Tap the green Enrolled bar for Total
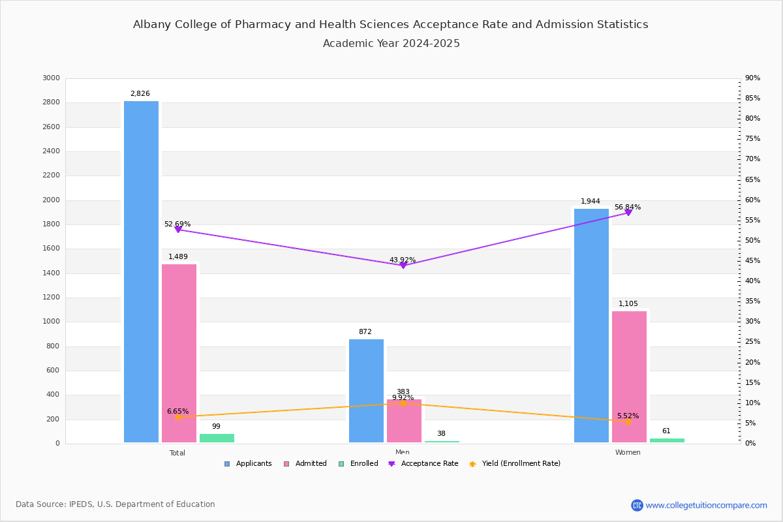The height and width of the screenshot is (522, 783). [217, 438]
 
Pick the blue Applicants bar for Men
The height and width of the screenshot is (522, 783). [366, 391]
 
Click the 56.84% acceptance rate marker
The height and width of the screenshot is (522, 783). [628, 213]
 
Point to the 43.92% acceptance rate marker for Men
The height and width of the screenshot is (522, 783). [403, 265]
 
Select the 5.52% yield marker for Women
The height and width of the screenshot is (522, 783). [628, 422]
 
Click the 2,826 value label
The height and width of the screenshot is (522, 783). [140, 94]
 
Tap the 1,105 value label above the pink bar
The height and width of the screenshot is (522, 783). [629, 304]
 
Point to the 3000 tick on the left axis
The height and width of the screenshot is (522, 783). [51, 78]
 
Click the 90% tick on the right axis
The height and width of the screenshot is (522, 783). [752, 78]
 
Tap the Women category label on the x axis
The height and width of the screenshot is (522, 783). [628, 453]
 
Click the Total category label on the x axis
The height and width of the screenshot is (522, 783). [177, 453]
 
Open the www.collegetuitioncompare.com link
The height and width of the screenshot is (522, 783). [706, 505]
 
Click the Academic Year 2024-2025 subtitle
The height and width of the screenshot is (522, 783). [391, 44]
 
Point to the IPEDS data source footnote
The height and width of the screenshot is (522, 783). [115, 504]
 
